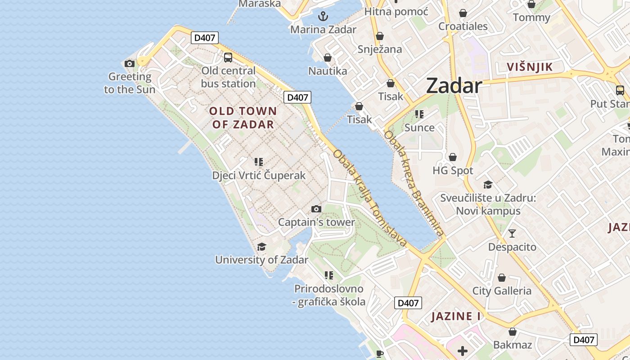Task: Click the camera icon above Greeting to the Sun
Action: click(130, 63)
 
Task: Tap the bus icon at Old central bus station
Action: click(228, 58)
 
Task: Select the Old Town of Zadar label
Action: click(243, 117)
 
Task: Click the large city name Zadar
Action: click(454, 85)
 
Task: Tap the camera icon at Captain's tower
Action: click(316, 209)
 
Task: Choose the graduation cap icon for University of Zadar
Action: click(261, 247)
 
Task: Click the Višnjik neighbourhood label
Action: click(530, 67)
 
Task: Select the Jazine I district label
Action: click(456, 316)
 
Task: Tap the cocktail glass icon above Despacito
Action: click(512, 234)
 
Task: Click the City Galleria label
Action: click(502, 291)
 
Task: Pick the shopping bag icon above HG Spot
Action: click(453, 157)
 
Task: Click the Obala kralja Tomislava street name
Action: click(370, 198)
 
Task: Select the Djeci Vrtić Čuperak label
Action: click(259, 175)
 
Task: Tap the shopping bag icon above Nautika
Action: click(328, 58)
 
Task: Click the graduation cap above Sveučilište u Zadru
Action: click(488, 184)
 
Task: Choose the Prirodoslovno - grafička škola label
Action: click(329, 295)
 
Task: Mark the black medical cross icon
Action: click(463, 351)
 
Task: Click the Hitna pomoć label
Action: click(396, 12)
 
